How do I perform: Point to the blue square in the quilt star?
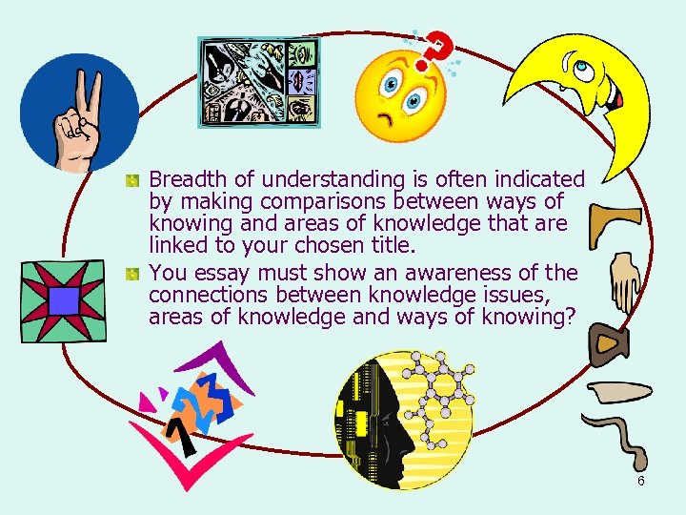pos(64,301)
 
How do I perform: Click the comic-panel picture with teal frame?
pos(258,82)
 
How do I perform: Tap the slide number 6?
pos(641,481)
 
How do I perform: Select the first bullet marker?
pos(135,179)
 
